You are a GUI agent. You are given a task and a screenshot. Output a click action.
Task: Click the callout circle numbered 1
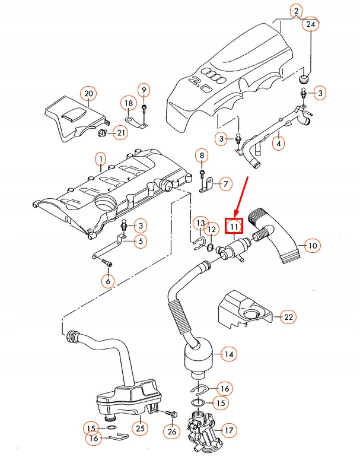pos(100,160)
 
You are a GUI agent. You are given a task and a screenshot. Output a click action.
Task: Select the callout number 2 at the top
pos(295,10)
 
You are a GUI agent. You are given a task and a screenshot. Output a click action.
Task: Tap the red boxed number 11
pos(234,226)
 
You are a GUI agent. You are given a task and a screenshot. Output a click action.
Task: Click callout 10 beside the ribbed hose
pos(312,245)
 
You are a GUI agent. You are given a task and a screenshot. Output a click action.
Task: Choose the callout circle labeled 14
pos(228,354)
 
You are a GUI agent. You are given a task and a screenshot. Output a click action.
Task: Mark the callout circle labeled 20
pos(88,94)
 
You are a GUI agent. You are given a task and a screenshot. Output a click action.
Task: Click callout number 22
pos(288,317)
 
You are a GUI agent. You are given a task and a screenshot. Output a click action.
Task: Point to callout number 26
pos(172,431)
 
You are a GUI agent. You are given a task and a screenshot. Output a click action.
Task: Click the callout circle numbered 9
pos(143,90)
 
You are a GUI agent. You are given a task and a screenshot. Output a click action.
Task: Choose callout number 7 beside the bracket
pos(226,184)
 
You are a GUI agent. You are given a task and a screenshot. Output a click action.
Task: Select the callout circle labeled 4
pos(278,143)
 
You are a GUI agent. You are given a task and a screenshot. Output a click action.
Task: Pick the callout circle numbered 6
pos(107,281)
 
